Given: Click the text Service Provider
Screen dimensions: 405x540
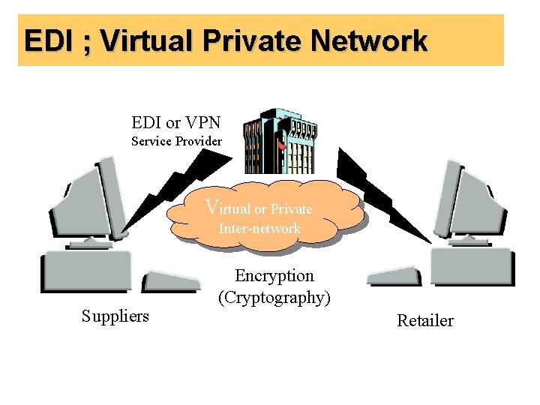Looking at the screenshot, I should coord(176,141).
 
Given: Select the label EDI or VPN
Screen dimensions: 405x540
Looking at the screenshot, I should coord(175,121).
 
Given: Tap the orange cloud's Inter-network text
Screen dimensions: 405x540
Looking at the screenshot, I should coord(259,228).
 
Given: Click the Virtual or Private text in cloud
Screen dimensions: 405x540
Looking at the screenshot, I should coord(259,208).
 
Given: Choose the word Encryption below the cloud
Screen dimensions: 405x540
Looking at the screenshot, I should coord(274,276).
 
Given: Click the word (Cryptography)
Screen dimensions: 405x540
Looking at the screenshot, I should coord(274,298).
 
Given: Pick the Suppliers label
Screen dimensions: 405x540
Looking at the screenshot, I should coord(115,316).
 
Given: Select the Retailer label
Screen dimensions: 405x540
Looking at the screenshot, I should coord(425,321).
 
